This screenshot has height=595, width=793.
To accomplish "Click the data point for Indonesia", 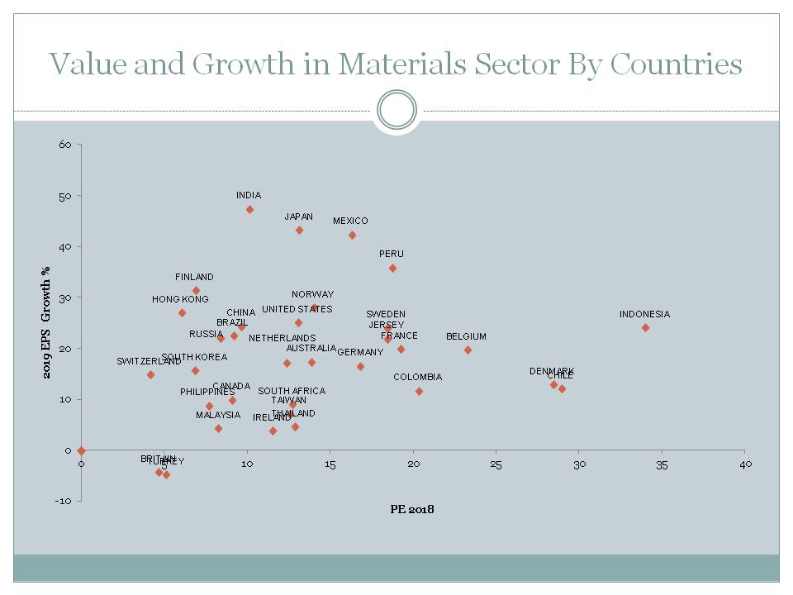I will (645, 327).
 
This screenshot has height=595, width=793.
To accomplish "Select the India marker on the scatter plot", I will (249, 210).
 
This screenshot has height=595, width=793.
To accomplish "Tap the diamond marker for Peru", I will (392, 269).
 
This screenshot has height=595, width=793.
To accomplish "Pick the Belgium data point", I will (468, 350).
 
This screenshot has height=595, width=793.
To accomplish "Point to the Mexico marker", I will (352, 236).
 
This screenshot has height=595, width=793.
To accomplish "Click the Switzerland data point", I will (150, 375).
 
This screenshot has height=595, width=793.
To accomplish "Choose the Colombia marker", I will (419, 391).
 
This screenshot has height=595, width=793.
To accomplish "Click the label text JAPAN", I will (298, 217).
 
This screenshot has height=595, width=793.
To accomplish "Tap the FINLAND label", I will (194, 277).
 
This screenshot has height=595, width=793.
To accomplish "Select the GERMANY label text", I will (360, 352).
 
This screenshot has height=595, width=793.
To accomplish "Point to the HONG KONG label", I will (180, 299).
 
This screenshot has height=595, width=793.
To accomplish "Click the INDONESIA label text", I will (644, 314).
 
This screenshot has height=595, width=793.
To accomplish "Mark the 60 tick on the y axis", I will (65, 145).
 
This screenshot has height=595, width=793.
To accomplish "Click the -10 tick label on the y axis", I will (64, 501).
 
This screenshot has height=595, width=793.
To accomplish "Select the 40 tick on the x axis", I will (744, 464).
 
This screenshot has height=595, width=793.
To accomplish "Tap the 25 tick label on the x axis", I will (496, 464).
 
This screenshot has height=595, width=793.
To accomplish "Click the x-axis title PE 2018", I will (412, 509).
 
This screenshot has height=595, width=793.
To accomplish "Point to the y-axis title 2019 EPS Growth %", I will (47, 322).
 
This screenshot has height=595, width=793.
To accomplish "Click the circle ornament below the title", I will (396, 110).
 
